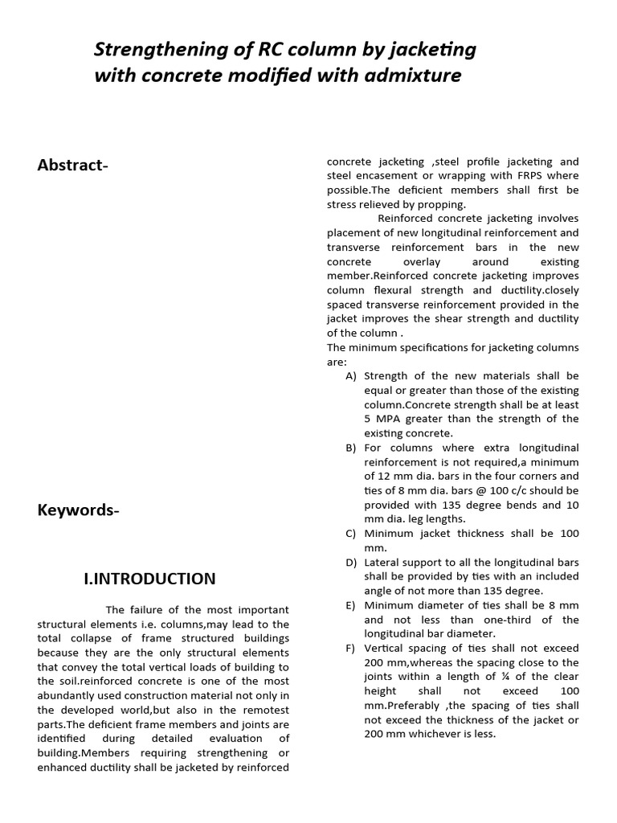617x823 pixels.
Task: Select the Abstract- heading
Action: coord(72,165)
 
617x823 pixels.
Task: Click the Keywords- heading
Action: coord(78,510)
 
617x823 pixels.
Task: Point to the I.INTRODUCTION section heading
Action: coord(149,579)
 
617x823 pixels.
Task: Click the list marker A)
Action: coord(352,376)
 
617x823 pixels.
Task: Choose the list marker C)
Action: coord(352,534)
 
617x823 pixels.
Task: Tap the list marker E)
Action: coord(352,605)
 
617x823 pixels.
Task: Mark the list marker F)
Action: coord(352,649)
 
